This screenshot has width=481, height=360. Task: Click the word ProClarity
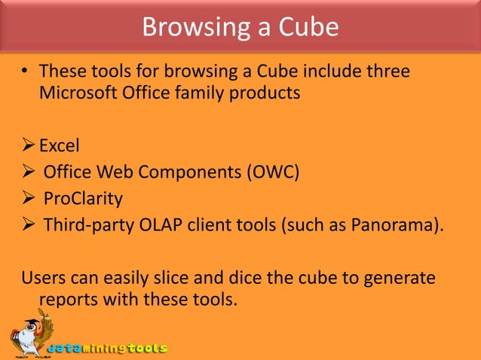coord(82,200)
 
